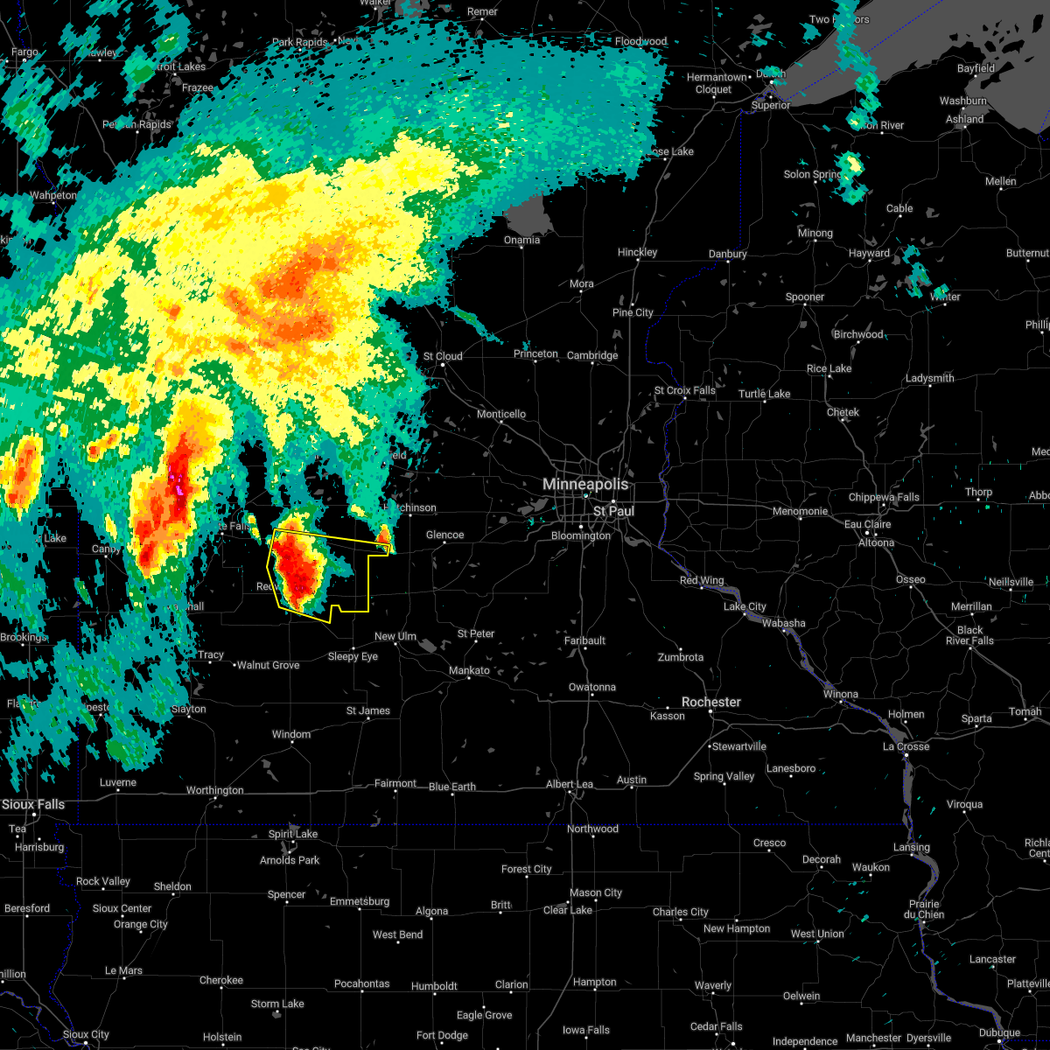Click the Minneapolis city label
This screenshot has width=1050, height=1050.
[x=586, y=484]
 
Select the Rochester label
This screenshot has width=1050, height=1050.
[x=710, y=703]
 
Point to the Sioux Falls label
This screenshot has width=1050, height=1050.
[x=33, y=804]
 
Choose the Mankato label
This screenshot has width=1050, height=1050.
[x=469, y=671]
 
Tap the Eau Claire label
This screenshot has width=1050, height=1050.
[x=867, y=524]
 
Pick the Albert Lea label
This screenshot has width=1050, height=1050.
[x=570, y=785]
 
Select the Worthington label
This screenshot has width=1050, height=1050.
[x=214, y=791]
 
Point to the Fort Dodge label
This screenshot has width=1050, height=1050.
[x=442, y=1035]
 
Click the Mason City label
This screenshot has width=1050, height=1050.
[x=595, y=893]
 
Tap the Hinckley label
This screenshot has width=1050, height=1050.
[x=637, y=253]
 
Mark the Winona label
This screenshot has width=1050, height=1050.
[x=841, y=695]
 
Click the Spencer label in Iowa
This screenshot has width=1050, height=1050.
[x=286, y=895]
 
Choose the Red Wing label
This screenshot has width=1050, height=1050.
[x=702, y=581]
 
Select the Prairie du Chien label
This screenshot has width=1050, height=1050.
[x=924, y=910]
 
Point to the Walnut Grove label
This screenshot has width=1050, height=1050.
[x=268, y=666]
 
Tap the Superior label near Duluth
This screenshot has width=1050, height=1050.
[x=770, y=106]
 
